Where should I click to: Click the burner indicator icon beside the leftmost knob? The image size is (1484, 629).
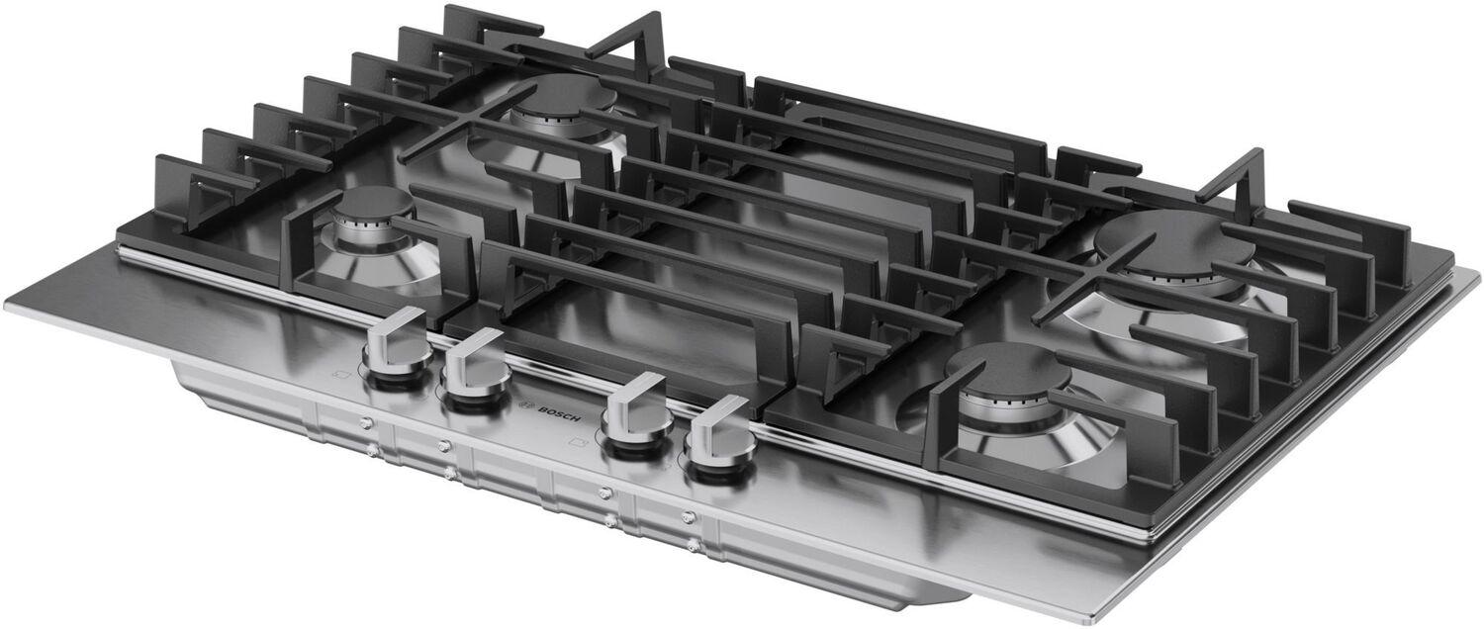[x=341, y=376]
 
